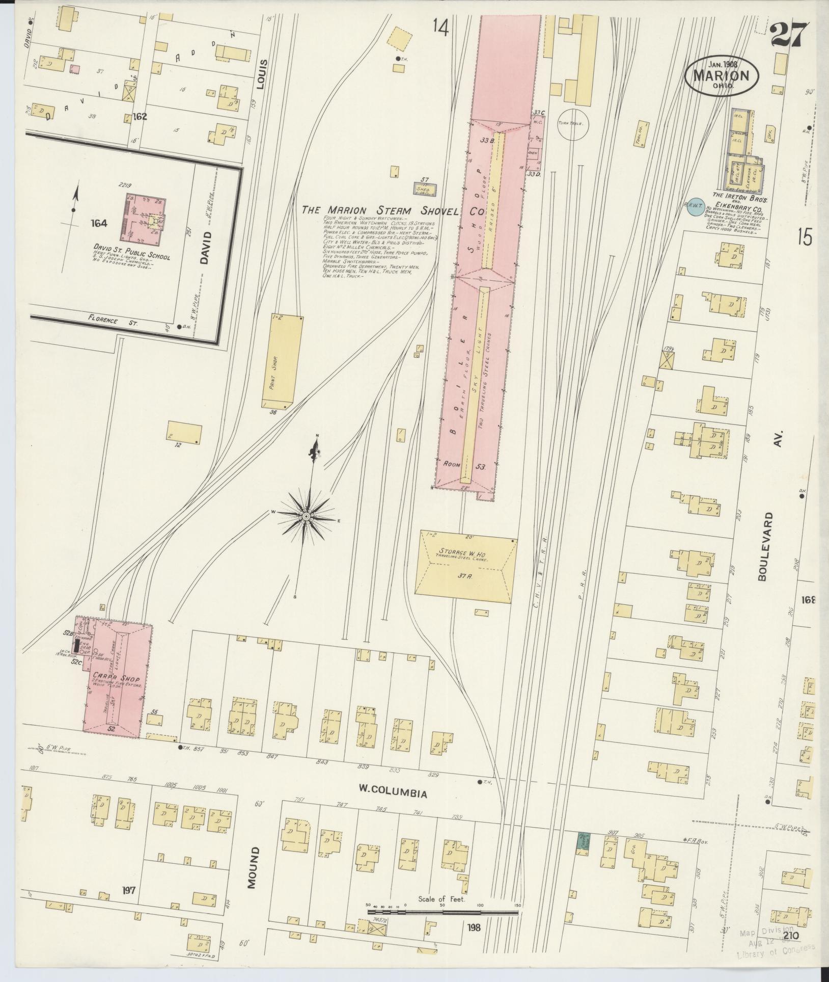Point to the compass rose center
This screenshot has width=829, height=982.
307,517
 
